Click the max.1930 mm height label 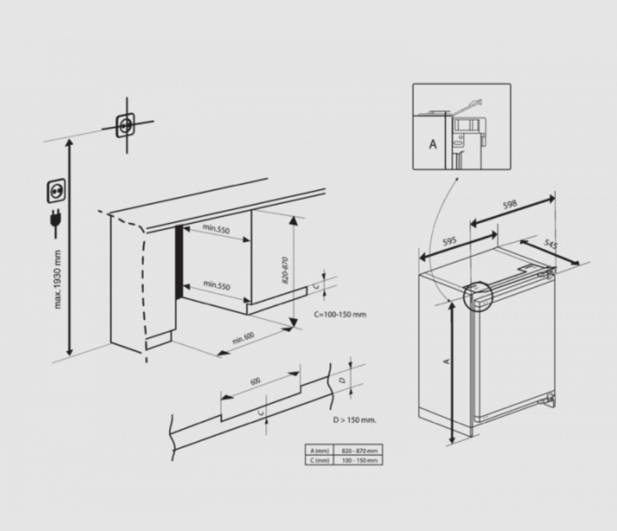pyautogui.click(x=58, y=279)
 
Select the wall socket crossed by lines pyautogui.click(x=126, y=125)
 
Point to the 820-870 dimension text pyautogui.click(x=285, y=269)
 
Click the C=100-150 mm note pyautogui.click(x=340, y=314)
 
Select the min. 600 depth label pyautogui.click(x=243, y=338)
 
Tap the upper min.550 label pyautogui.click(x=216, y=229)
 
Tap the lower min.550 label pyautogui.click(x=216, y=285)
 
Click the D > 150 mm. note pyautogui.click(x=355, y=420)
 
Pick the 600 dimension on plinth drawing pyautogui.click(x=256, y=381)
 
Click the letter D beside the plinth pyautogui.click(x=341, y=380)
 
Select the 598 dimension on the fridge pyautogui.click(x=510, y=205)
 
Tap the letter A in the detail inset pyautogui.click(x=433, y=145)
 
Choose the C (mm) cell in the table pyautogui.click(x=319, y=460)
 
